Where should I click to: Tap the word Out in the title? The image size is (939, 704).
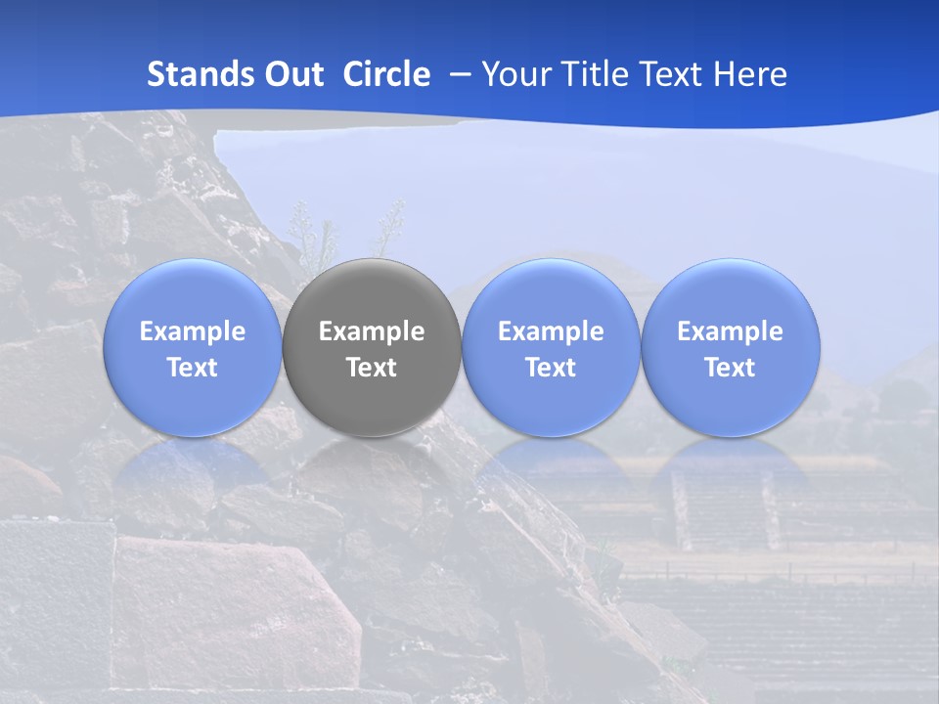(292, 74)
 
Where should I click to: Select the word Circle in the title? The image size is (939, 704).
(386, 74)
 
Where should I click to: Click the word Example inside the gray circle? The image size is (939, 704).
(372, 331)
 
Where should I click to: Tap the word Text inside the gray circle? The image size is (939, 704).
(372, 368)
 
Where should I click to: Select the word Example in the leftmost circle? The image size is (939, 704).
(193, 331)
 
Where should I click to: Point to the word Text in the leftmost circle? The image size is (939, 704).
(193, 368)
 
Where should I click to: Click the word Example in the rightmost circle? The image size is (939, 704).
(731, 331)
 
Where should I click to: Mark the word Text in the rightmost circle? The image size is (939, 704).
(731, 368)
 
